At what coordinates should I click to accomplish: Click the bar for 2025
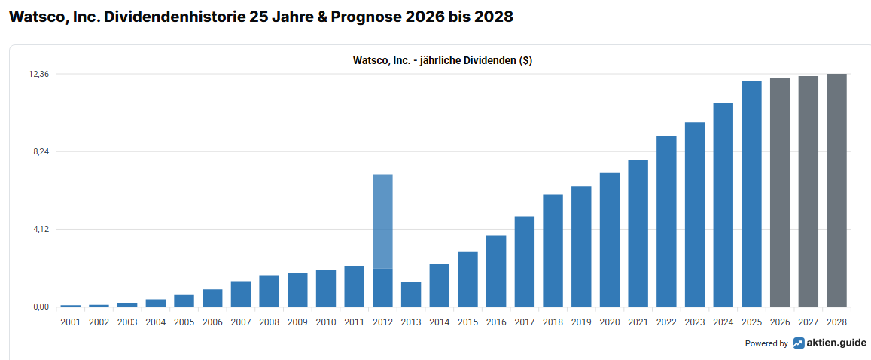751,194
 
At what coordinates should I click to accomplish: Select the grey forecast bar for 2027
808,191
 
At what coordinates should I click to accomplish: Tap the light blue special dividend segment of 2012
382,221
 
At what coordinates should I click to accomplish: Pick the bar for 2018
553,251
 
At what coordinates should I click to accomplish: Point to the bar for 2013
411,294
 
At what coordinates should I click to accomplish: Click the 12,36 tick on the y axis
38,74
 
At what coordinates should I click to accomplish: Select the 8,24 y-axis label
38,151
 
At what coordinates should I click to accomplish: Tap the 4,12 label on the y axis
38,229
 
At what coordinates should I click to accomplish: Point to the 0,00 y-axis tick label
38,307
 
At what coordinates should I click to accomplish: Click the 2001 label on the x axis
70,322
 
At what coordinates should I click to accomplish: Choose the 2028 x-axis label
836,322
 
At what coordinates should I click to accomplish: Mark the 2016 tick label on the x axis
496,322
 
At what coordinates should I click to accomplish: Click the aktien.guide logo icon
799,343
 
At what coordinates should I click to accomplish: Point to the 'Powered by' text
766,343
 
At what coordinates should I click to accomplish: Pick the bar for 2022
666,221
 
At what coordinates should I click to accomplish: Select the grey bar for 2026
780,193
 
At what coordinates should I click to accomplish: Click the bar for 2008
269,291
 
